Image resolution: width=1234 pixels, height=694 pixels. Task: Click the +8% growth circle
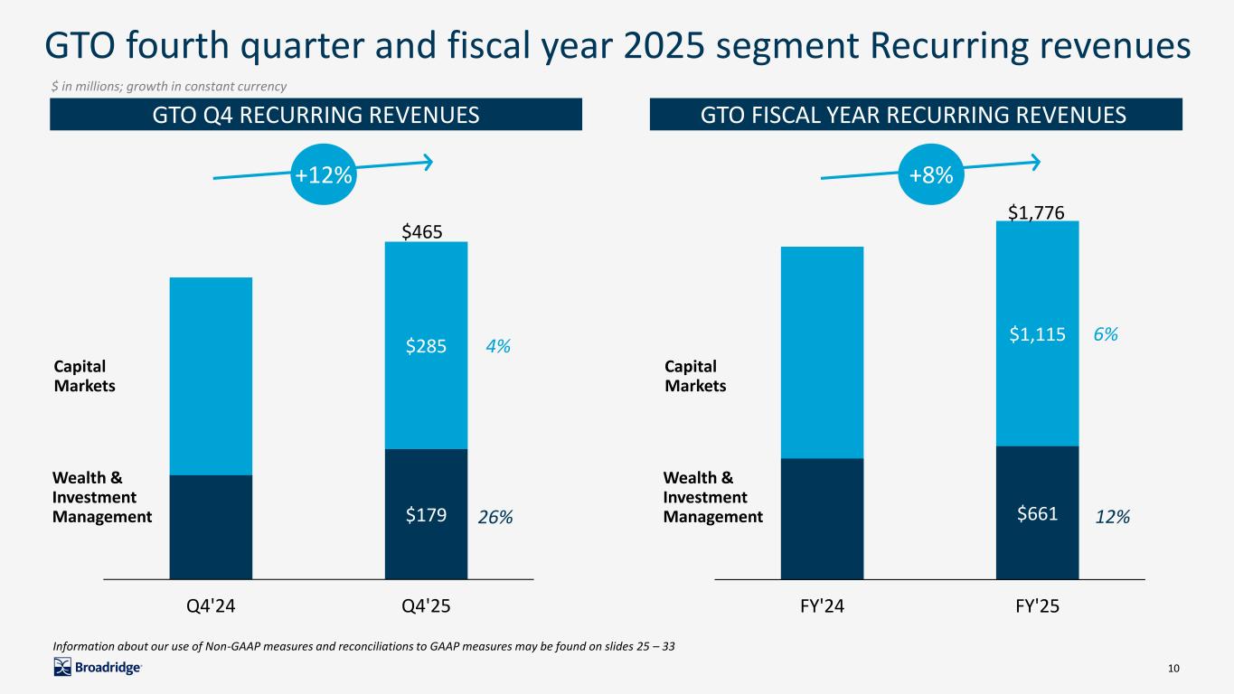click(x=932, y=175)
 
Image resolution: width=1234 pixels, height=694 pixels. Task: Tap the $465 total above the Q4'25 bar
click(x=422, y=232)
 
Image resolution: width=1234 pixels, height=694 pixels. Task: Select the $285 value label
click(x=426, y=346)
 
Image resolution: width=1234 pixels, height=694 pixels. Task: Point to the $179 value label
click(x=426, y=517)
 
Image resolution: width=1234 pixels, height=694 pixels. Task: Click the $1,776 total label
click(x=1037, y=211)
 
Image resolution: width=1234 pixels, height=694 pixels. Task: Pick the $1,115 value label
click(x=1037, y=334)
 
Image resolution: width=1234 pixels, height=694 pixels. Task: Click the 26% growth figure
click(x=495, y=517)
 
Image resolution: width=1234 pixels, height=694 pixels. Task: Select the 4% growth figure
click(x=496, y=346)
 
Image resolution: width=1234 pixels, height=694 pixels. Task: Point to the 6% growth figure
click(x=1106, y=334)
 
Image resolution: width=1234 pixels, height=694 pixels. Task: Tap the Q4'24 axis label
click(x=211, y=606)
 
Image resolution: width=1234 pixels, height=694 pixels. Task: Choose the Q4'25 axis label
click(x=426, y=606)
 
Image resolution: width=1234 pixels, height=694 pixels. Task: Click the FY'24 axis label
click(x=822, y=606)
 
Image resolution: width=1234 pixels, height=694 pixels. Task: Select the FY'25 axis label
click(x=1037, y=606)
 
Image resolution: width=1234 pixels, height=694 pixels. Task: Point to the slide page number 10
click(x=1174, y=668)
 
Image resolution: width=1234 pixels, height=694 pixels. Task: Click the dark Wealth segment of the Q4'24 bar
click(x=211, y=526)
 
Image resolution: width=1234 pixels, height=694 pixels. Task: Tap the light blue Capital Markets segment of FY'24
click(x=822, y=352)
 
